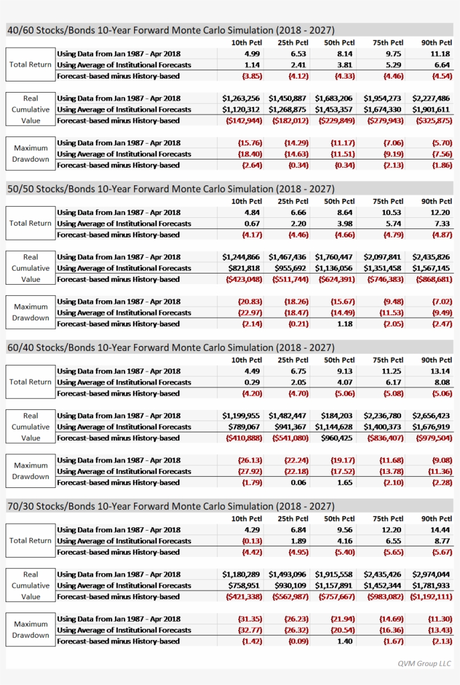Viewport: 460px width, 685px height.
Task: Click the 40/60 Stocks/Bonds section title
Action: [171, 30]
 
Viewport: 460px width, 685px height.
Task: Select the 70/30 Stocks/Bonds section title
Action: [171, 506]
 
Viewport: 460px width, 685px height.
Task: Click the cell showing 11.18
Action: [440, 53]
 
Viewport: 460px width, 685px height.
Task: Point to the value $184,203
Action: [337, 416]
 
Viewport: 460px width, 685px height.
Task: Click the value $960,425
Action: [337, 438]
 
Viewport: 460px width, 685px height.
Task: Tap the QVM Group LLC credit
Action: [424, 663]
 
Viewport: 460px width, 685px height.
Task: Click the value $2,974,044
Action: [431, 574]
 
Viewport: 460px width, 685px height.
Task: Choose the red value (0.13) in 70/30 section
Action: [251, 541]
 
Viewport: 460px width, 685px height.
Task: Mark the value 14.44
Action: [440, 529]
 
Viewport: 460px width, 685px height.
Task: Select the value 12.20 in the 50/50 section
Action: [440, 212]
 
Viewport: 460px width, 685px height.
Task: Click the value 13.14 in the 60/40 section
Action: [440, 371]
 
